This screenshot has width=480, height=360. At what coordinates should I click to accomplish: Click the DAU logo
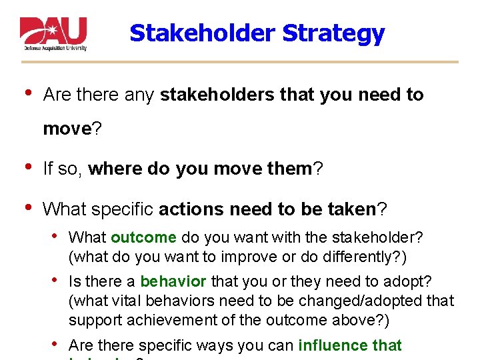53,33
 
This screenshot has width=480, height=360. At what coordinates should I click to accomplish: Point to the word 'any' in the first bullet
139,95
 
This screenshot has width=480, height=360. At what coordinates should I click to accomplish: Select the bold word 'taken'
352,209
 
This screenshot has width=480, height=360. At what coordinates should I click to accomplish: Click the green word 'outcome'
143,237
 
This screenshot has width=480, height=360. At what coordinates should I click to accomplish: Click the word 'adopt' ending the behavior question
414,281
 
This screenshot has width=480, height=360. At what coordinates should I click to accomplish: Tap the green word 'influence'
328,345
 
